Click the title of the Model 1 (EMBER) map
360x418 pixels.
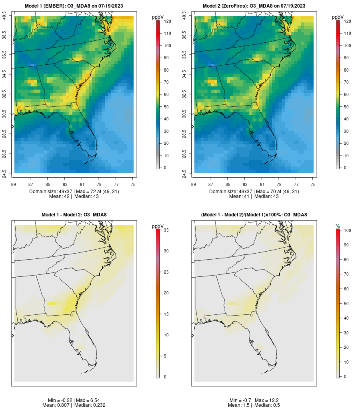coord(74,6)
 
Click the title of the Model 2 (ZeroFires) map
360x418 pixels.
coord(254,6)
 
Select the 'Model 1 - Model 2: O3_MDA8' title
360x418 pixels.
coord(74,215)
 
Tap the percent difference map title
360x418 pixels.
coord(254,215)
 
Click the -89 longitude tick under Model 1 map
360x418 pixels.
coord(14,184)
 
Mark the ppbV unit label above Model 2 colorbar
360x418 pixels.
coord(338,17)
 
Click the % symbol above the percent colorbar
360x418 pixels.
coord(338,226)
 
